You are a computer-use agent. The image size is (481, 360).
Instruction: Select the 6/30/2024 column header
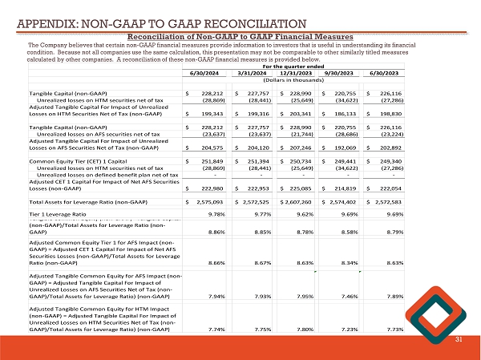pos(204,74)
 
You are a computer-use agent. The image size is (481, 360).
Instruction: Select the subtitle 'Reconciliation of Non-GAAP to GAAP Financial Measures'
pos(240,36)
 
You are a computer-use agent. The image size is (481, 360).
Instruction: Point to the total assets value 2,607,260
pos(296,202)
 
